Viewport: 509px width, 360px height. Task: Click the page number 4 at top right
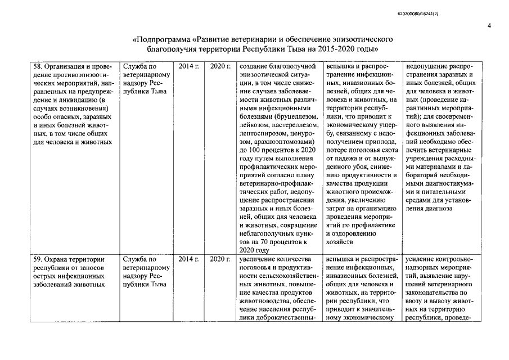[489, 26]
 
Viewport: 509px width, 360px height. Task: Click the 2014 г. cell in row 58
[188, 66]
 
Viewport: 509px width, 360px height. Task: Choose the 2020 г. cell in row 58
[220, 66]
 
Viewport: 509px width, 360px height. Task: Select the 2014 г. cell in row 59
[188, 259]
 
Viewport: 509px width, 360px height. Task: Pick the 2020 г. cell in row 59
[220, 259]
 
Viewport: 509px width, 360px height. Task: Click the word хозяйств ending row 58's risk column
[340, 242]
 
